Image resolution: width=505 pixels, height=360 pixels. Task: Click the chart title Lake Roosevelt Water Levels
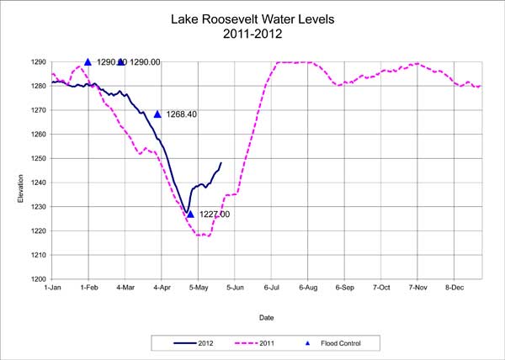click(252, 18)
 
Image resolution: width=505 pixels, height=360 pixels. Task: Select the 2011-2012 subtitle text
click(252, 34)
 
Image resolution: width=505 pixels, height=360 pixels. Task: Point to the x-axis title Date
click(267, 318)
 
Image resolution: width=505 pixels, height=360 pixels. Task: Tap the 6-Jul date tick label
click(272, 288)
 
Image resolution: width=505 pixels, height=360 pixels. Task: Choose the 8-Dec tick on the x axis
click(454, 288)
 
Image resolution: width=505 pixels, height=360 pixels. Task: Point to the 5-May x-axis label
click(199, 288)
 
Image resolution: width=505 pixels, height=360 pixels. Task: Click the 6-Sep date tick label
click(345, 288)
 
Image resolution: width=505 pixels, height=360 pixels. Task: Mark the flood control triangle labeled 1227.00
click(191, 214)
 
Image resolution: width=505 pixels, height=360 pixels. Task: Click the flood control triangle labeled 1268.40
click(157, 114)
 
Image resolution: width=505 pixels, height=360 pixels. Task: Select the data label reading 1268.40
click(181, 114)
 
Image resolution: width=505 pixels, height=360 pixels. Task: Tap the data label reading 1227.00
click(215, 214)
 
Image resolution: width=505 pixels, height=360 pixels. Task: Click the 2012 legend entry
click(199, 342)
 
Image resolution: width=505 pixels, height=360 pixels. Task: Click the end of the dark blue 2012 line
click(221, 163)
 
